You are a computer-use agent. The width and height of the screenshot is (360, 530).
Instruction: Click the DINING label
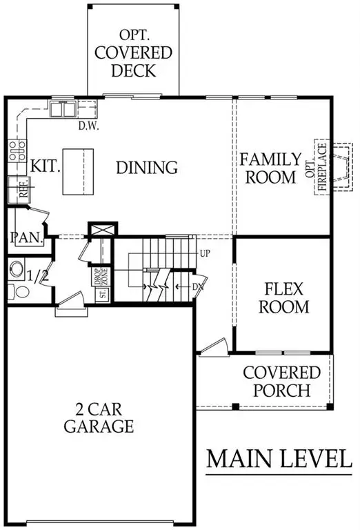pos(146,167)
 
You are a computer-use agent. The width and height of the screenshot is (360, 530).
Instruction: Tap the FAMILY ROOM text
pos(270,168)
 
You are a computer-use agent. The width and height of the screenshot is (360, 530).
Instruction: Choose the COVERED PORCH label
pos(281,382)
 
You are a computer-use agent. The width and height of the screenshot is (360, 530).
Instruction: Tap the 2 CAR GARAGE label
pos(99,417)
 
